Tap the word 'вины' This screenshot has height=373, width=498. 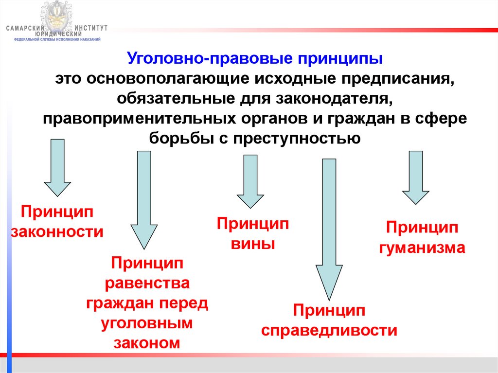pyautogui.click(x=253, y=243)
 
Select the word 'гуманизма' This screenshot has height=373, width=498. pyautogui.click(x=422, y=248)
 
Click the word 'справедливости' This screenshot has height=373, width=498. pyautogui.click(x=329, y=331)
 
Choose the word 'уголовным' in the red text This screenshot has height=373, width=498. pyautogui.click(x=147, y=323)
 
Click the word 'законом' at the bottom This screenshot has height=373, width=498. pyautogui.click(x=147, y=343)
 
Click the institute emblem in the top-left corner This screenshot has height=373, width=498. pyautogui.click(x=58, y=17)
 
